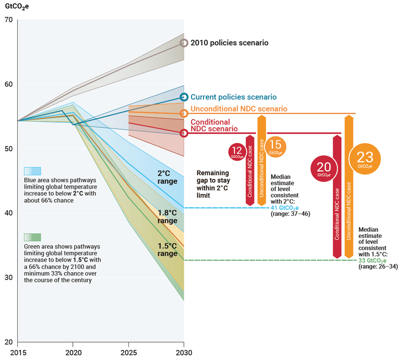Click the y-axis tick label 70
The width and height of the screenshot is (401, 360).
pos(9,19)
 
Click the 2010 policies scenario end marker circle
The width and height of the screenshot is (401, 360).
pos(184,43)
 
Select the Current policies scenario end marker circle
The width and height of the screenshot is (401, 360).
pos(184,97)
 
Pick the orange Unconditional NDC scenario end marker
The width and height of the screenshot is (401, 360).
pos(184,113)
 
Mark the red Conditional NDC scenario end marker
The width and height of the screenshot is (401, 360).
pos(184,133)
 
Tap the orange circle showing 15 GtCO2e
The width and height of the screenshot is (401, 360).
pos(276,146)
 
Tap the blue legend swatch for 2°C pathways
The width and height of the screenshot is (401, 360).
pos(32,171)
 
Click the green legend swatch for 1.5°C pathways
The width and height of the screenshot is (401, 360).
pos(32,237)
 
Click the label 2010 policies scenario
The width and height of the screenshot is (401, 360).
pos(229,43)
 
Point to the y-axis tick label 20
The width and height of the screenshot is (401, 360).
pos(9,342)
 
